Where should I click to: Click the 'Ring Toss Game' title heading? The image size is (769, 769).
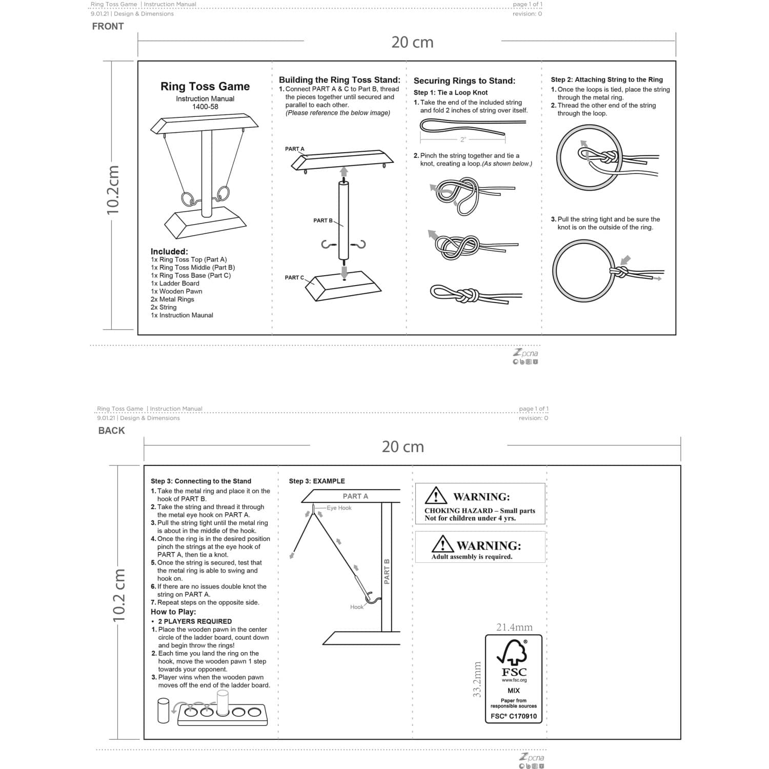pos(205,87)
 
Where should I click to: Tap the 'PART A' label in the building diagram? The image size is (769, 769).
pos(295,149)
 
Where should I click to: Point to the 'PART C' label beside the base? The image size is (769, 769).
pos(294,278)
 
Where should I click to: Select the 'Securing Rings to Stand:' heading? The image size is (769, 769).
pos(464,81)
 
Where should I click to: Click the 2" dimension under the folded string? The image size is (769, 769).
pos(463,139)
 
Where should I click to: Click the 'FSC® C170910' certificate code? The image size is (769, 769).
pos(513,716)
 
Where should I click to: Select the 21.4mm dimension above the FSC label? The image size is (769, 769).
pos(514,628)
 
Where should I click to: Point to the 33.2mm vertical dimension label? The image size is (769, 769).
pos(477,679)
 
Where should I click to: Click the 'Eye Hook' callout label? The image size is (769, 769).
pos(339,508)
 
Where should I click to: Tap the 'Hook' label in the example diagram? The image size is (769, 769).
pos(357,607)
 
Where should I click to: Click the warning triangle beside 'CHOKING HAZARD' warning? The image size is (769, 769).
pos(436,496)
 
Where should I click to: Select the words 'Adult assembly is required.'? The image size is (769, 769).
pos(472,557)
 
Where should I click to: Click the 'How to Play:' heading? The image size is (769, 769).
pos(173,612)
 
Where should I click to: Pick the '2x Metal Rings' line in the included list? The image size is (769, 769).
pos(172,299)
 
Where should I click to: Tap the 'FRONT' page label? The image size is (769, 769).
pos(108,27)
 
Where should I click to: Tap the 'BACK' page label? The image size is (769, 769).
pos(111,431)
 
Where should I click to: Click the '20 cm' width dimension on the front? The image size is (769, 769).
pos(412,42)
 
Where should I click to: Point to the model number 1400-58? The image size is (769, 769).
pos(205,107)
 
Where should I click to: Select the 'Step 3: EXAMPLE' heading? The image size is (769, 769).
pos(317,481)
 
